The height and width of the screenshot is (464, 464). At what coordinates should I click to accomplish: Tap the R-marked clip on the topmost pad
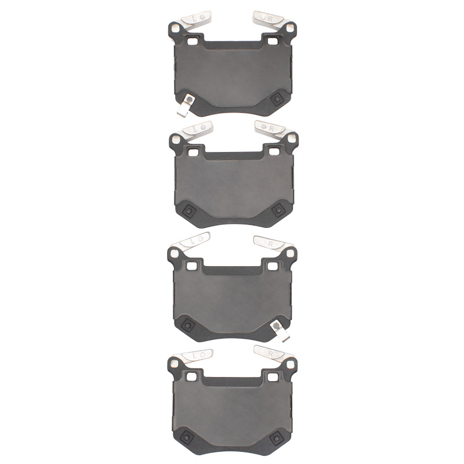click(270, 20)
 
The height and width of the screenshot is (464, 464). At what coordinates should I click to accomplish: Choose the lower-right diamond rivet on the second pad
click(280, 210)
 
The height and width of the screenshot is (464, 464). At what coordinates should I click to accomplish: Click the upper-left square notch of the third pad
click(192, 264)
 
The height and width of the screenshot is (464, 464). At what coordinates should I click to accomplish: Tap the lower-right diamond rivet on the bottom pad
click(280, 436)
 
